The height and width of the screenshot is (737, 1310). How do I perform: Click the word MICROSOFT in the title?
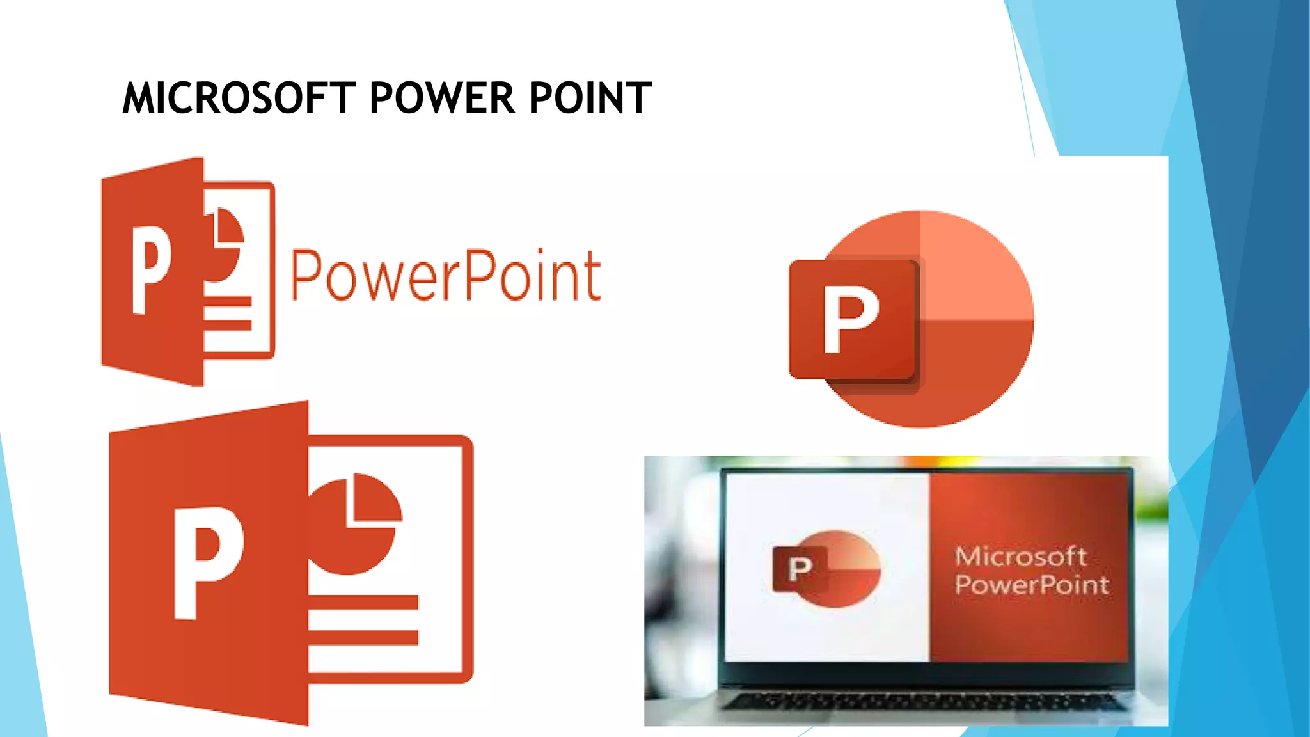238,99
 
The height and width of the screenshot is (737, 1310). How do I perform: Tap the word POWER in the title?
442,99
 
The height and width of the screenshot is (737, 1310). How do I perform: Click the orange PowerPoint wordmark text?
446,275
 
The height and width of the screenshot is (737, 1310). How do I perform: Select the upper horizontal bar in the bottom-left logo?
363,603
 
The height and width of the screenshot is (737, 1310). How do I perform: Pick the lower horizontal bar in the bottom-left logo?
363,637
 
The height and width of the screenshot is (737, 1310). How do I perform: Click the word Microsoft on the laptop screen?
1020,557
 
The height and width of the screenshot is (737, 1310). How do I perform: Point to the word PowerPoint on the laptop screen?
1032,585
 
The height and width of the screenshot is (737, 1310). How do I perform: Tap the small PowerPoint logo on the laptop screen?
826,568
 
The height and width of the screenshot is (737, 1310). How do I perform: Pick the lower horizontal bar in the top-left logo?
228,324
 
